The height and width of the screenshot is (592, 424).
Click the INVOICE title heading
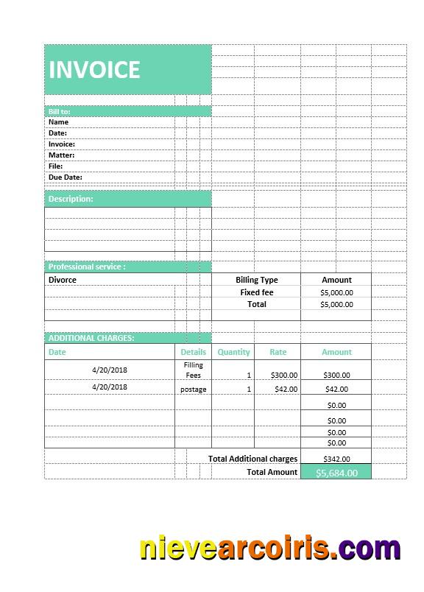pos(94,70)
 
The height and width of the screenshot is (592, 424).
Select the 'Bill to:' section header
pos(60,111)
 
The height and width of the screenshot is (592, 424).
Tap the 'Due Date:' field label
pos(66,177)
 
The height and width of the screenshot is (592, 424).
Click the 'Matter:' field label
pos(62,155)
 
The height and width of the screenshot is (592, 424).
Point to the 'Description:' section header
pos(71,199)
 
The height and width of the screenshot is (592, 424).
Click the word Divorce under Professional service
pos(63,280)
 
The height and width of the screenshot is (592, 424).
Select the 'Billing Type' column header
pos(257,280)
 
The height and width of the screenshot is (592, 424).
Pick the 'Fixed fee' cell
pos(257,292)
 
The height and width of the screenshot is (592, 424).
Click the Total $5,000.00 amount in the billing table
pos(336,304)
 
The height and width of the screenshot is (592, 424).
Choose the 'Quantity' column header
pos(234,352)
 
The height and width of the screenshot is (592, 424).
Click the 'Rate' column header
pos(278,352)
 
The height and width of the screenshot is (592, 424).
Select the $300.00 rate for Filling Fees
pos(283,375)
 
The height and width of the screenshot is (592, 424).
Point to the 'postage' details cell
pos(194,389)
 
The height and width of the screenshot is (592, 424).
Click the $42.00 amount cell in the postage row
pos(336,389)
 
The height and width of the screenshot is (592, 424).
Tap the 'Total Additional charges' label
pos(252,459)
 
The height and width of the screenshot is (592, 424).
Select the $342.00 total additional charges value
pos(336,459)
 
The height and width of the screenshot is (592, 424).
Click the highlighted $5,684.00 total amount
pos(336,473)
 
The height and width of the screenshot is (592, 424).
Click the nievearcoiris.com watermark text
pos(270,549)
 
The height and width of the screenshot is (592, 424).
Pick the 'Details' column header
pos(194,352)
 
